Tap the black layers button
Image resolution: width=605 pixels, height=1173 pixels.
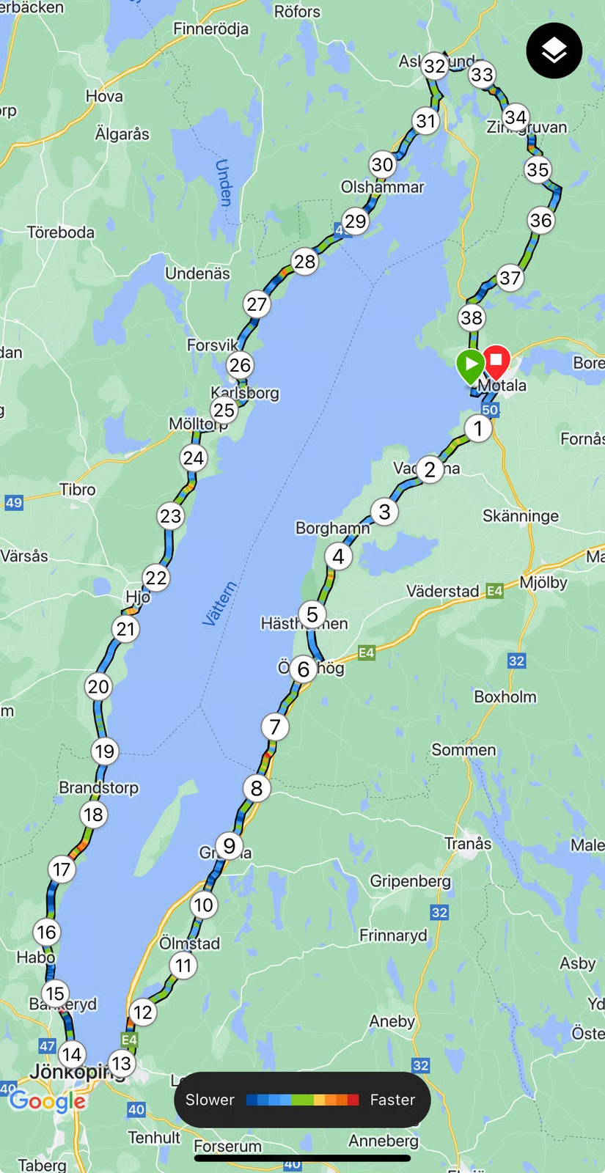pos(554,51)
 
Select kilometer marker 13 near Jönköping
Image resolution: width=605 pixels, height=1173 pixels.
pos(121,1062)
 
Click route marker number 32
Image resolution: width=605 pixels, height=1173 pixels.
pos(435,66)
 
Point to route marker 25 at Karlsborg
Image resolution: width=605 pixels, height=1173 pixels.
pos(224,410)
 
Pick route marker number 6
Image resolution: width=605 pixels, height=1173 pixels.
pos(304,669)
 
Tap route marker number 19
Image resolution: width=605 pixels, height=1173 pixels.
pos(105,751)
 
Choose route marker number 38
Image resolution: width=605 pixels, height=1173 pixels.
pos(472,317)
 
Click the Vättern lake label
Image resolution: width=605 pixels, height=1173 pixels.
pos(219,603)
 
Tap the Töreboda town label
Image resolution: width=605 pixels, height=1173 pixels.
pos(61,232)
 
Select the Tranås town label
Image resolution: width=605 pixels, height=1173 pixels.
pos(468,843)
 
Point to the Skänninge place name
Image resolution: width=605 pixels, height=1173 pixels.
pos(520,516)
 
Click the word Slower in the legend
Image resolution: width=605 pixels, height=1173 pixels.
pos(210,1100)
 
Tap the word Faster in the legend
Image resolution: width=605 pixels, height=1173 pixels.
pos(392,1100)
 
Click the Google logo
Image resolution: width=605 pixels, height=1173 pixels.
pos(47,1101)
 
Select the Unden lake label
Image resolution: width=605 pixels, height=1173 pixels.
pos(224,182)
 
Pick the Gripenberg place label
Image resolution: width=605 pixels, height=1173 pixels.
pos(410,880)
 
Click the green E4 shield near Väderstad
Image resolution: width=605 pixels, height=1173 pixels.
pos(494,590)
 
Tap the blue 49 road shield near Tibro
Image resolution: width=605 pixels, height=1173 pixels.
pos(14,502)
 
